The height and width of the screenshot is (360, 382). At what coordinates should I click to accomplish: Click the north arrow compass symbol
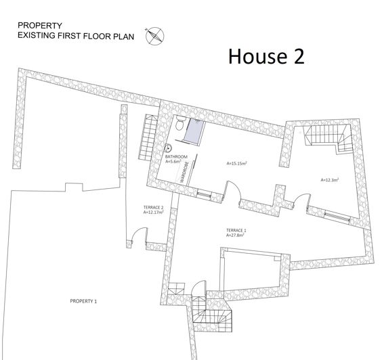[155, 35]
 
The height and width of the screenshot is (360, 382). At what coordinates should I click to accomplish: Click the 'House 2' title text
[266, 56]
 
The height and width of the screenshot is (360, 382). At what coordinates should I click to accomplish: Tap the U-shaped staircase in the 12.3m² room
[326, 138]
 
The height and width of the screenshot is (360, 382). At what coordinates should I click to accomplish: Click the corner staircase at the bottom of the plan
[212, 313]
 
